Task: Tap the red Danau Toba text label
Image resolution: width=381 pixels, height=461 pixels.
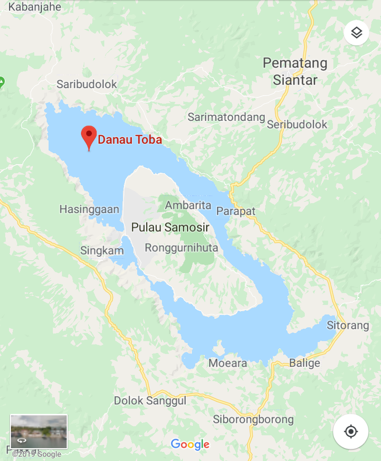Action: point(130,140)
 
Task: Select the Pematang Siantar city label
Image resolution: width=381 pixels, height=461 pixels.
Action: point(295,71)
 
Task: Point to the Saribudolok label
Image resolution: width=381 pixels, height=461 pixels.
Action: point(87,85)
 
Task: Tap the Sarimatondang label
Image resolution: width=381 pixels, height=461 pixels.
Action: point(226,117)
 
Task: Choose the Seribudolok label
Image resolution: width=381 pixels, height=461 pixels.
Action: point(297,125)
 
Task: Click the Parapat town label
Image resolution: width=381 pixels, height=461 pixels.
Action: point(236,211)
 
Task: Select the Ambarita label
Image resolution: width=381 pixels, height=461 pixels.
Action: point(188,206)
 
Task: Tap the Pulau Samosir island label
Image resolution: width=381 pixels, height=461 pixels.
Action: point(170,227)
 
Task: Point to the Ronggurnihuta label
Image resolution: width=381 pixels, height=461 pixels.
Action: point(181,248)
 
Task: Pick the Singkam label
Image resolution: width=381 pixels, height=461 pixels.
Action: point(99,251)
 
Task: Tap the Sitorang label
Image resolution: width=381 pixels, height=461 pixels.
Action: point(348,325)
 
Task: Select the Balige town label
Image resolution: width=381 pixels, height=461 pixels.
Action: point(304,363)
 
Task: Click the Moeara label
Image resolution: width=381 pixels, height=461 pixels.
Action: point(228,363)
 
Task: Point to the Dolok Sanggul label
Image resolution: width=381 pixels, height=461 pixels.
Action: point(150,401)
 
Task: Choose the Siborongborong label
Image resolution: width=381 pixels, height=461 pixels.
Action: point(253,420)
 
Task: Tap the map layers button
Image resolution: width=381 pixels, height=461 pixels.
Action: point(357,33)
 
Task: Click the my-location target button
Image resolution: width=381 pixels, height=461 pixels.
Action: point(351,432)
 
